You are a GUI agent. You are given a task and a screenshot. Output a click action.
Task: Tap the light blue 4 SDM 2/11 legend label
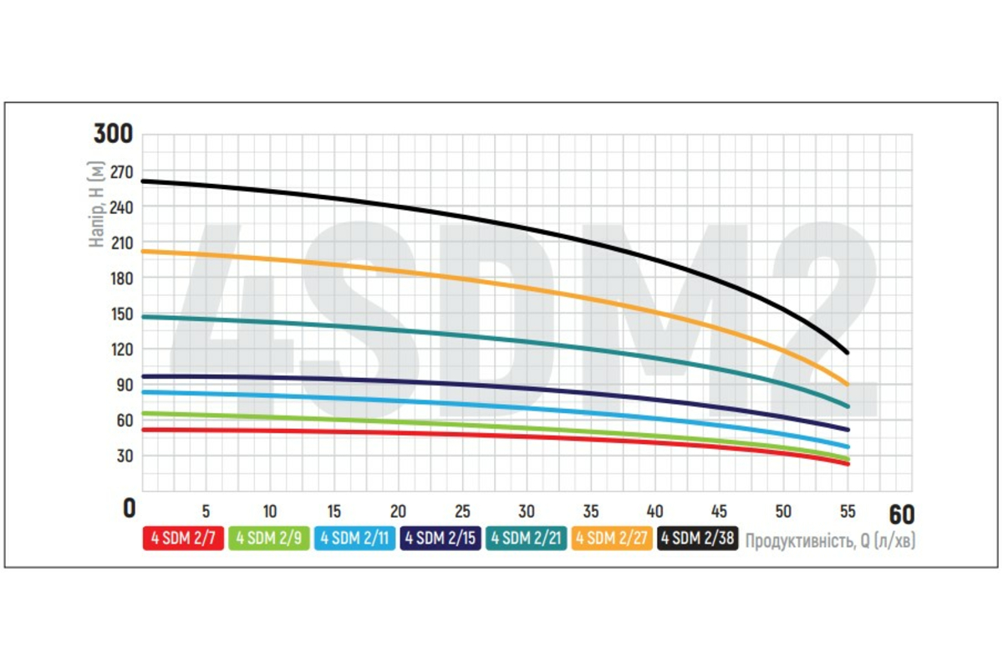coord(355,539)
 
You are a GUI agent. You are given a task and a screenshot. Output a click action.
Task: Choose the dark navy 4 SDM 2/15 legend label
coord(440,539)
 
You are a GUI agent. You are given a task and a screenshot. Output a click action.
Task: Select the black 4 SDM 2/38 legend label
coord(698,539)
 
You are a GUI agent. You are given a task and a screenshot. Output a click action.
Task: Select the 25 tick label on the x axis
coord(462,511)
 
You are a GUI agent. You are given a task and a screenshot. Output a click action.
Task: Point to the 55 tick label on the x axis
coord(848,511)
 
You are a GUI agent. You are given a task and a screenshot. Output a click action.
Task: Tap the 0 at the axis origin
coord(129,508)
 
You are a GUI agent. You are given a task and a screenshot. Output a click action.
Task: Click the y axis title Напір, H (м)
coord(99,206)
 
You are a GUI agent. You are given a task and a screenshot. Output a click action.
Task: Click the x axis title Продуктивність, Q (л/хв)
coord(830,541)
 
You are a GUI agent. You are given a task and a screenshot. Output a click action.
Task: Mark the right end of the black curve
coord(848,352)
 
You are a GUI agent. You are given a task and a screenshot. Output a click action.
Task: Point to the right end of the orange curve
coord(848,385)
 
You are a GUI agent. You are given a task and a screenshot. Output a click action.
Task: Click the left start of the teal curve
coord(144,316)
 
